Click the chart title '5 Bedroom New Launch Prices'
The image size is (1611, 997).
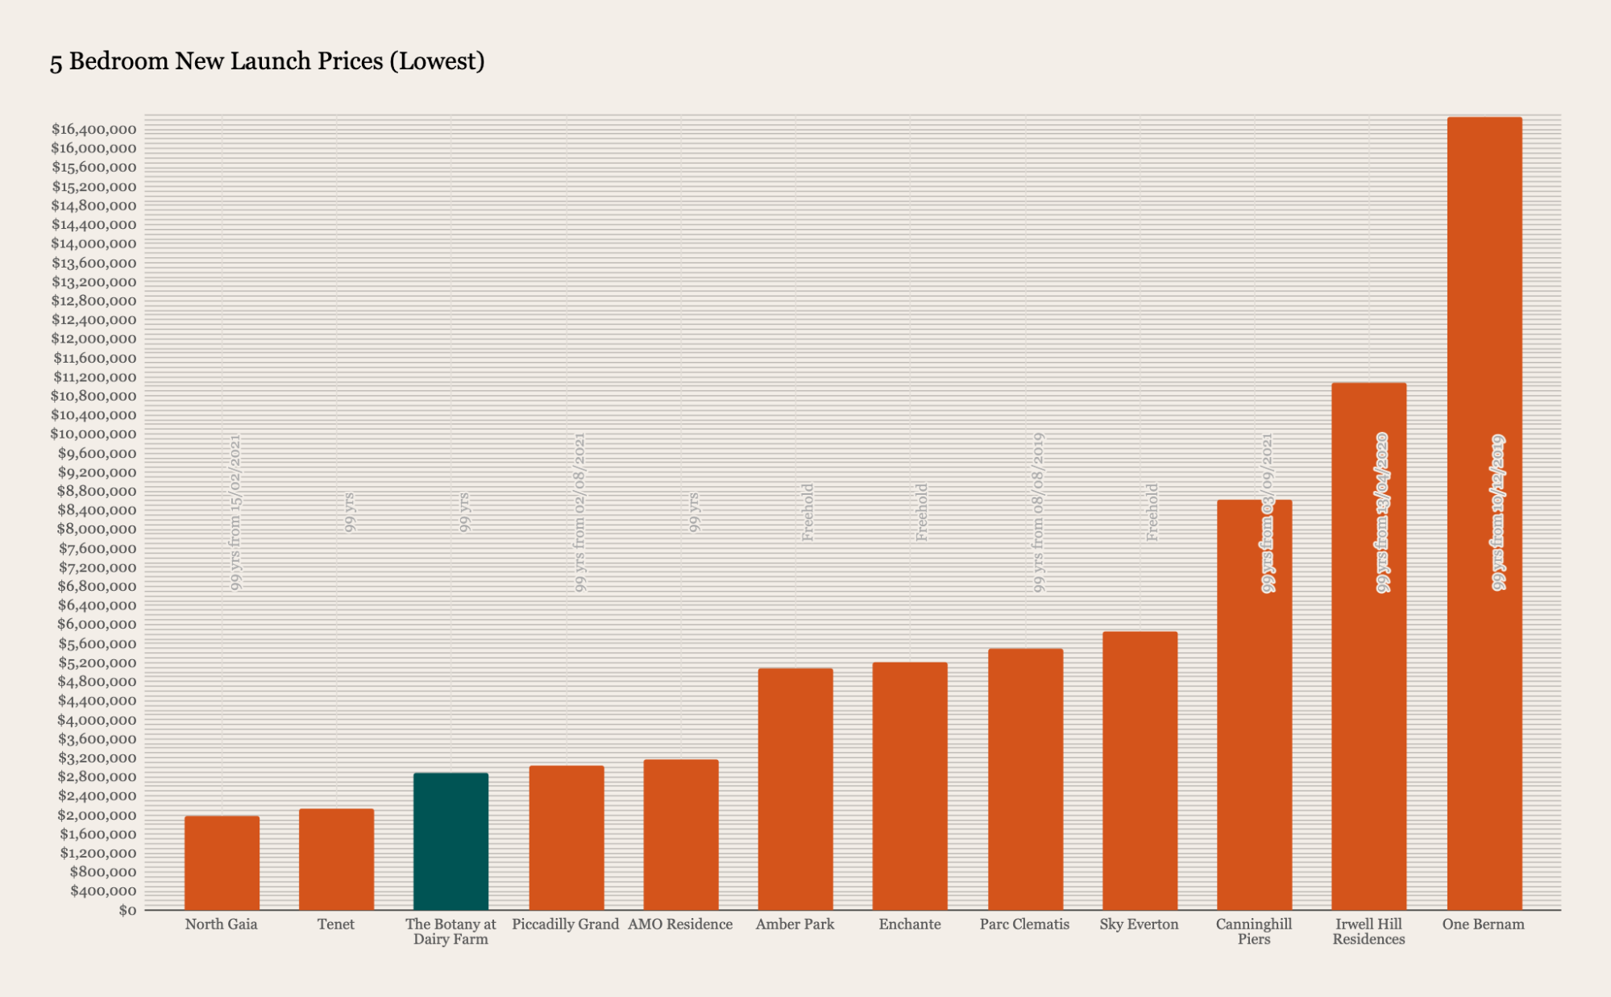[267, 61]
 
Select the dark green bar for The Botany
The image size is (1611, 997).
[450, 841]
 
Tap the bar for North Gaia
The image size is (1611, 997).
[222, 862]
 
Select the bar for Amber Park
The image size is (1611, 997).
[795, 789]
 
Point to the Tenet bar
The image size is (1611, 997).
[336, 859]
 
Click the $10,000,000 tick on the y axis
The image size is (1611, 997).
[93, 434]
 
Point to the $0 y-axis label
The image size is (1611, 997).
[127, 911]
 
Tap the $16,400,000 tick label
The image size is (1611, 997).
[93, 130]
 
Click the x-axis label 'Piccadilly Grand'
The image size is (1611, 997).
[565, 924]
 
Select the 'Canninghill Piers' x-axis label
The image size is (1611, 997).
[1253, 932]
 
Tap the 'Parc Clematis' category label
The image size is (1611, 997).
[1024, 924]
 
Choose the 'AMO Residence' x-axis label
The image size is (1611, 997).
[680, 924]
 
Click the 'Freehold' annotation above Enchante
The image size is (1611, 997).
[922, 513]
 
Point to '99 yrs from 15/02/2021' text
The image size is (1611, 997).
[235, 513]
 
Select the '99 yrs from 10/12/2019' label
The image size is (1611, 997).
[1497, 513]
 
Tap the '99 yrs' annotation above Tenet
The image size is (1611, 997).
[350, 513]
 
